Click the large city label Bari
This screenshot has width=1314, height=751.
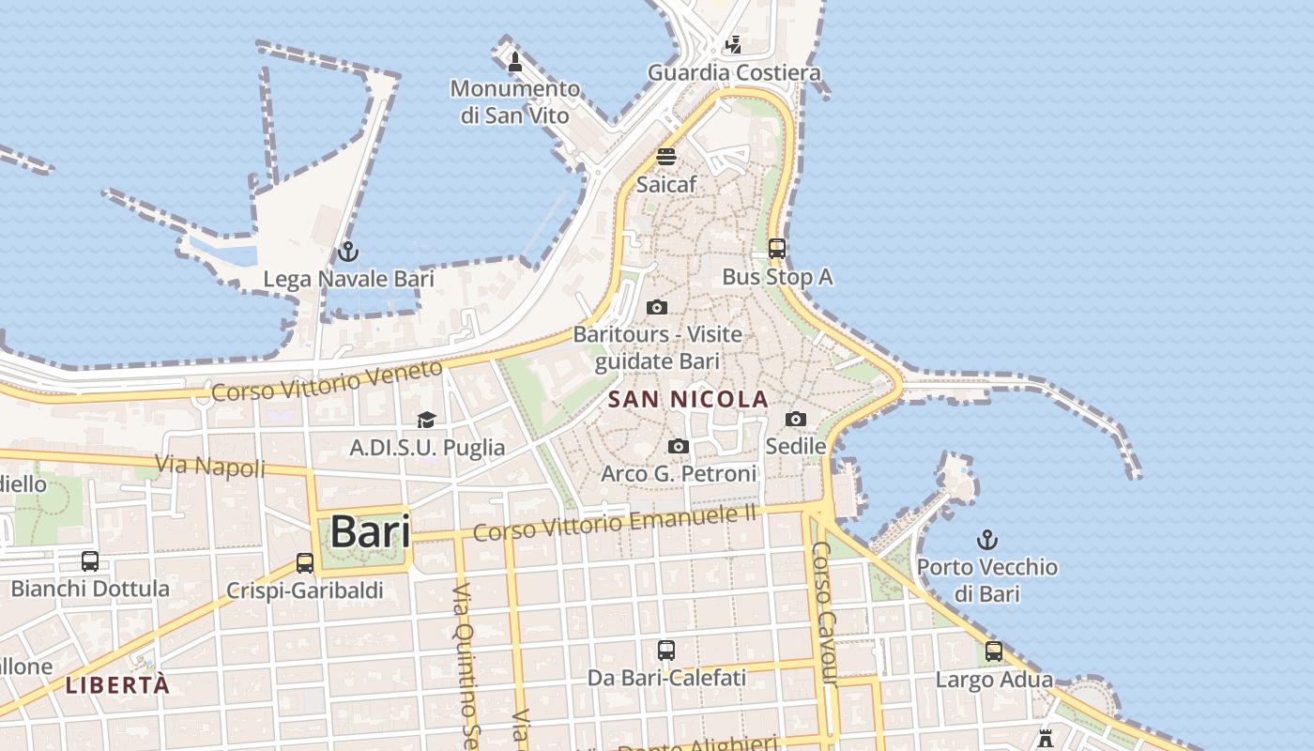pyautogui.click(x=371, y=531)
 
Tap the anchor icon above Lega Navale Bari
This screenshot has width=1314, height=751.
pyautogui.click(x=348, y=252)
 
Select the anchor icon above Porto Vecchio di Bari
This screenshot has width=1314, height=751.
pyautogui.click(x=986, y=540)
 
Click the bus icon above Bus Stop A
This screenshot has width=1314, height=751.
pyautogui.click(x=777, y=249)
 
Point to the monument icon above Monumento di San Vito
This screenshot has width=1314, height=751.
pyautogui.click(x=514, y=63)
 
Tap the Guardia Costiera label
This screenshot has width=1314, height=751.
pyautogui.click(x=734, y=72)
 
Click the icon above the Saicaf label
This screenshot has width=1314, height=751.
pyautogui.click(x=666, y=157)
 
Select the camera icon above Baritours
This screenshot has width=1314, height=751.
pyautogui.click(x=657, y=307)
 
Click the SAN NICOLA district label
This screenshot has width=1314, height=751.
pyautogui.click(x=688, y=400)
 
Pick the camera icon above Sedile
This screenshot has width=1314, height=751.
pyautogui.click(x=796, y=419)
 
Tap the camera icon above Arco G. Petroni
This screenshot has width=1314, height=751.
pyautogui.click(x=679, y=447)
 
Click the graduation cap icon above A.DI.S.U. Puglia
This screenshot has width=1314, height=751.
pyautogui.click(x=427, y=420)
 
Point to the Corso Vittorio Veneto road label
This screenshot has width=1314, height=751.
pyautogui.click(x=327, y=380)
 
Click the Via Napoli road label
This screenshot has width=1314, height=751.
pyautogui.click(x=210, y=466)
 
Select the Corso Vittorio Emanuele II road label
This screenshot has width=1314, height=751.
pyautogui.click(x=615, y=523)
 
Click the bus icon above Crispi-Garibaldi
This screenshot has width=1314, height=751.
pyautogui.click(x=305, y=563)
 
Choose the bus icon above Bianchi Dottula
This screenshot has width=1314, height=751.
pyautogui.click(x=90, y=561)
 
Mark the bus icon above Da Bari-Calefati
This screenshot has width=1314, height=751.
pyautogui.click(x=666, y=650)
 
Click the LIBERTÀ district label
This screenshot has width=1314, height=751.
pyautogui.click(x=118, y=685)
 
